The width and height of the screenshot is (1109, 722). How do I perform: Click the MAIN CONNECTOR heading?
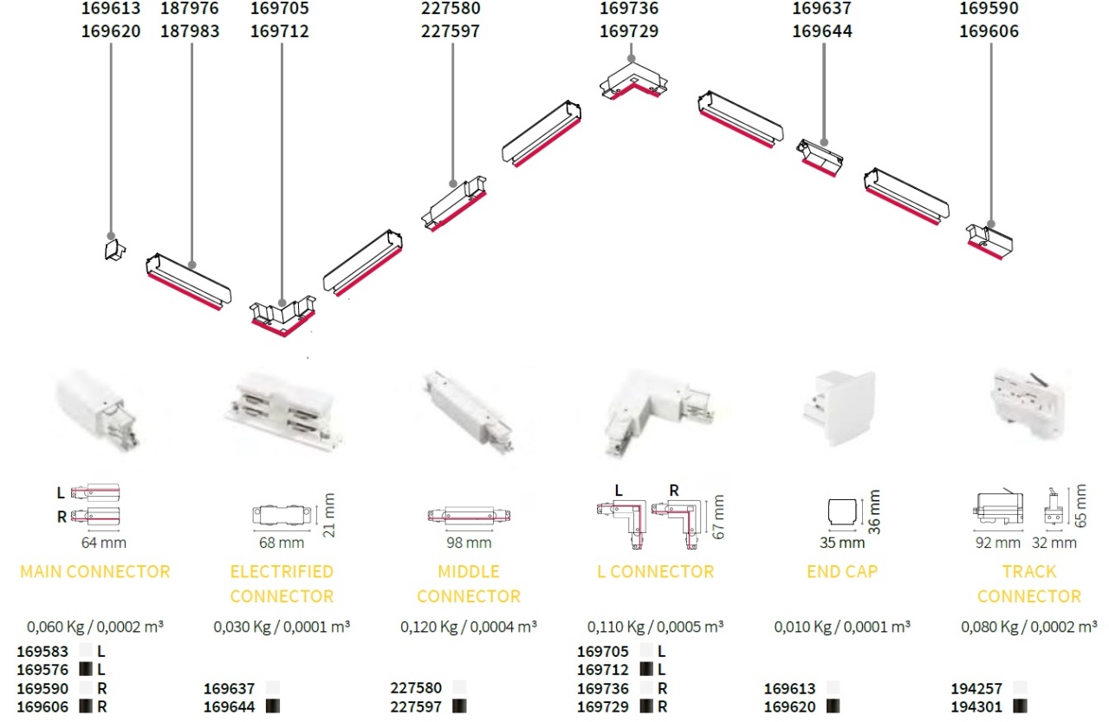(x=95, y=571)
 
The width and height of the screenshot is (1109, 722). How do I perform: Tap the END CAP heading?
(x=842, y=571)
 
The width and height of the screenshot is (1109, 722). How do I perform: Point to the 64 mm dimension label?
(x=103, y=543)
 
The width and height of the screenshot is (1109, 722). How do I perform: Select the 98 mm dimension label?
(x=469, y=543)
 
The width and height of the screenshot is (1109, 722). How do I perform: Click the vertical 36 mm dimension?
(x=875, y=512)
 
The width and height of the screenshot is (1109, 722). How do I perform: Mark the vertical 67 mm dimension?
(x=718, y=517)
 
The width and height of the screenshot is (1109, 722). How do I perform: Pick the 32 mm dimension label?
(x=1054, y=543)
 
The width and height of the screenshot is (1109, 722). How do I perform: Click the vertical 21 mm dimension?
(x=328, y=515)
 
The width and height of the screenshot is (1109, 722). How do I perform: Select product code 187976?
(x=190, y=9)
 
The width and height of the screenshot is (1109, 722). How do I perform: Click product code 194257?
(x=976, y=688)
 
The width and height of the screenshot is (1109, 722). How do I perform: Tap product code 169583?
(x=42, y=651)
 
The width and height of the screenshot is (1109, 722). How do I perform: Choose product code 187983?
(x=190, y=31)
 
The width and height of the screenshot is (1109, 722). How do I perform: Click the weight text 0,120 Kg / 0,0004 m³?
(x=469, y=627)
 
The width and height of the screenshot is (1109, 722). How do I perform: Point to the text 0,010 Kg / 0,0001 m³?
(x=842, y=627)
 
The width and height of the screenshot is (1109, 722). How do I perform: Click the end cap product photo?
(x=840, y=407)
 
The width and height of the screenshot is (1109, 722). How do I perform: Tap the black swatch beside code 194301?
(x=1020, y=706)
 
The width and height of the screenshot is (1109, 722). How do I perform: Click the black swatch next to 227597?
(x=459, y=706)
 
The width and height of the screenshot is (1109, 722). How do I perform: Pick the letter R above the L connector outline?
(x=674, y=491)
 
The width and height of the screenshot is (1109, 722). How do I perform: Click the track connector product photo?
(x=1028, y=403)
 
